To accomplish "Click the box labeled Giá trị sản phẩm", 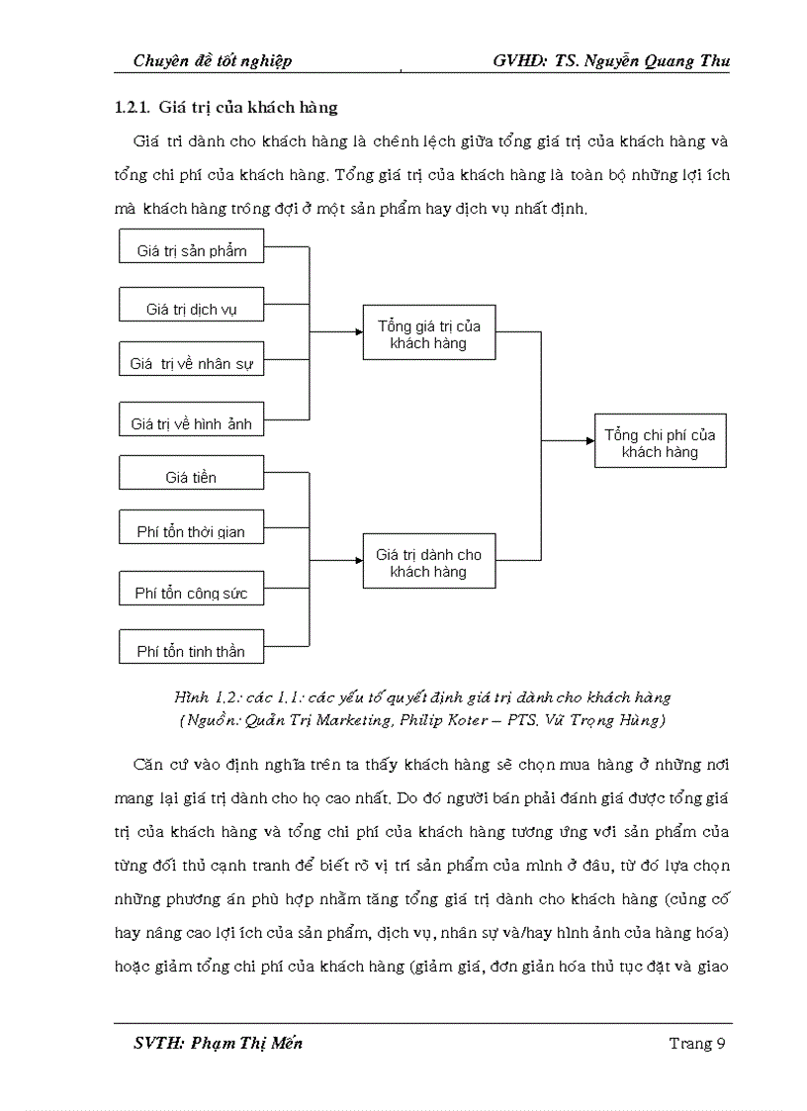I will pos(192,247).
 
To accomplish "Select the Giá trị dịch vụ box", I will pos(192,306).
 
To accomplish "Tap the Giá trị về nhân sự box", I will pos(192,361).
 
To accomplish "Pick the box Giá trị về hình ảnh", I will pos(192,420).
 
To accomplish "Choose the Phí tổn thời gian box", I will pos(192,528).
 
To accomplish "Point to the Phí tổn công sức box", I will pos(192,591).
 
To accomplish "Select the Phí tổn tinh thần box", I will pos(192,647).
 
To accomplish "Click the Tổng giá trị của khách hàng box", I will pos(428,333).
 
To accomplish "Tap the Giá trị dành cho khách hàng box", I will pos(428,562).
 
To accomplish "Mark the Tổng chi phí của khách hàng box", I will pos(660,441).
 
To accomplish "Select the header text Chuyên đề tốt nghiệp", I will pos(213,61).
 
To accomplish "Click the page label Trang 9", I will pos(698,1043).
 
